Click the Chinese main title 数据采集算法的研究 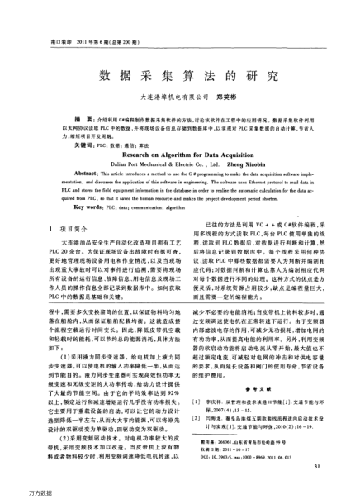pyautogui.click(x=179, y=75)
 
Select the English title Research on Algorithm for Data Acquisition pyautogui.click(x=179, y=154)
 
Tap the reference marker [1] pyautogui.click(x=195, y=422)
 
